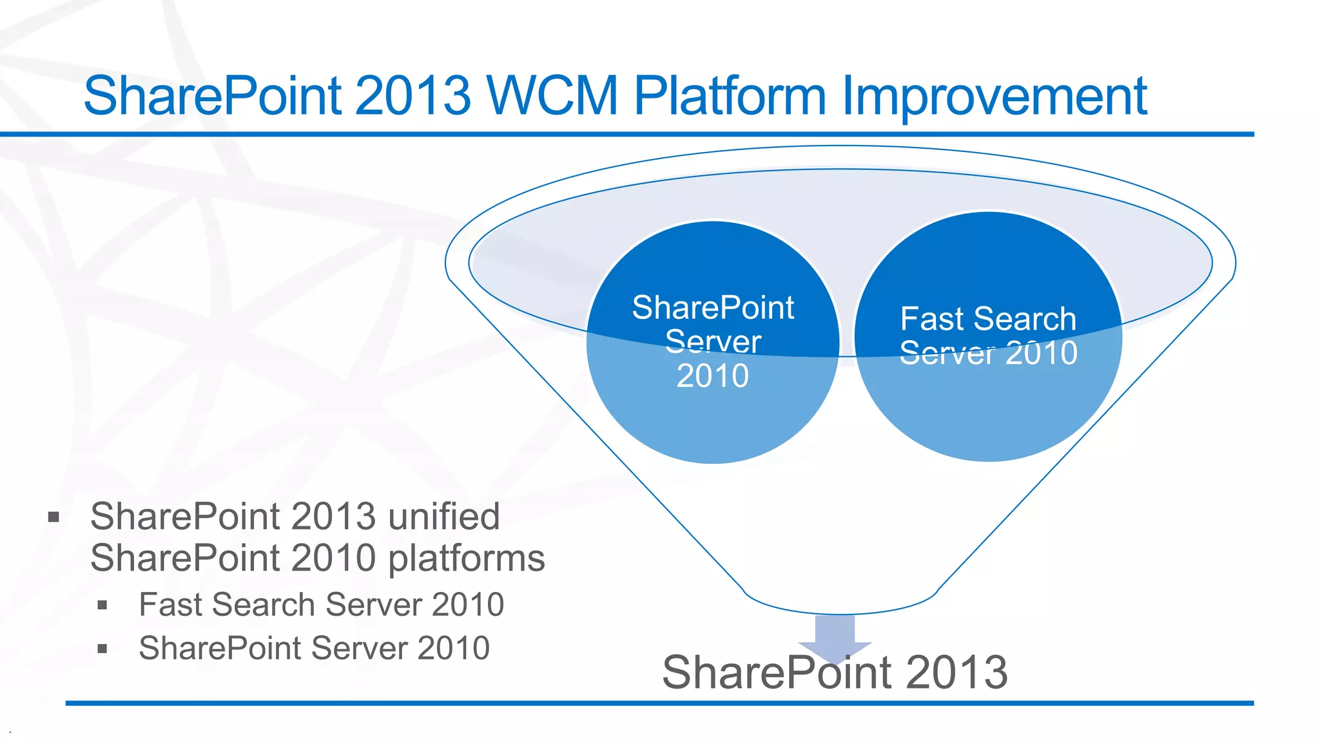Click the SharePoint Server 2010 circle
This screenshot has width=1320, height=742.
713,412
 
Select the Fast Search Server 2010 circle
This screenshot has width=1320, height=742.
988,412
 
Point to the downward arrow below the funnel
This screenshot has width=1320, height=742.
835,634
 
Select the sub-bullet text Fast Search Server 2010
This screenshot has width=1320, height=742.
321,605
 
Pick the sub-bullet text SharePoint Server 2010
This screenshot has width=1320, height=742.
314,648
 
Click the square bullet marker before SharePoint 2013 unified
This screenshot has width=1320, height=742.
53,517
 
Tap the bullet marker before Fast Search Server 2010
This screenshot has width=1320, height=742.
102,605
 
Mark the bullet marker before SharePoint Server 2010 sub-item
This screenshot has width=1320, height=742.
102,649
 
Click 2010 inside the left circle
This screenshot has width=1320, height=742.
713,376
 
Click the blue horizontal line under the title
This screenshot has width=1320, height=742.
625,134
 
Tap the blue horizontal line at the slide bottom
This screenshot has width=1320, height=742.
657,703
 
